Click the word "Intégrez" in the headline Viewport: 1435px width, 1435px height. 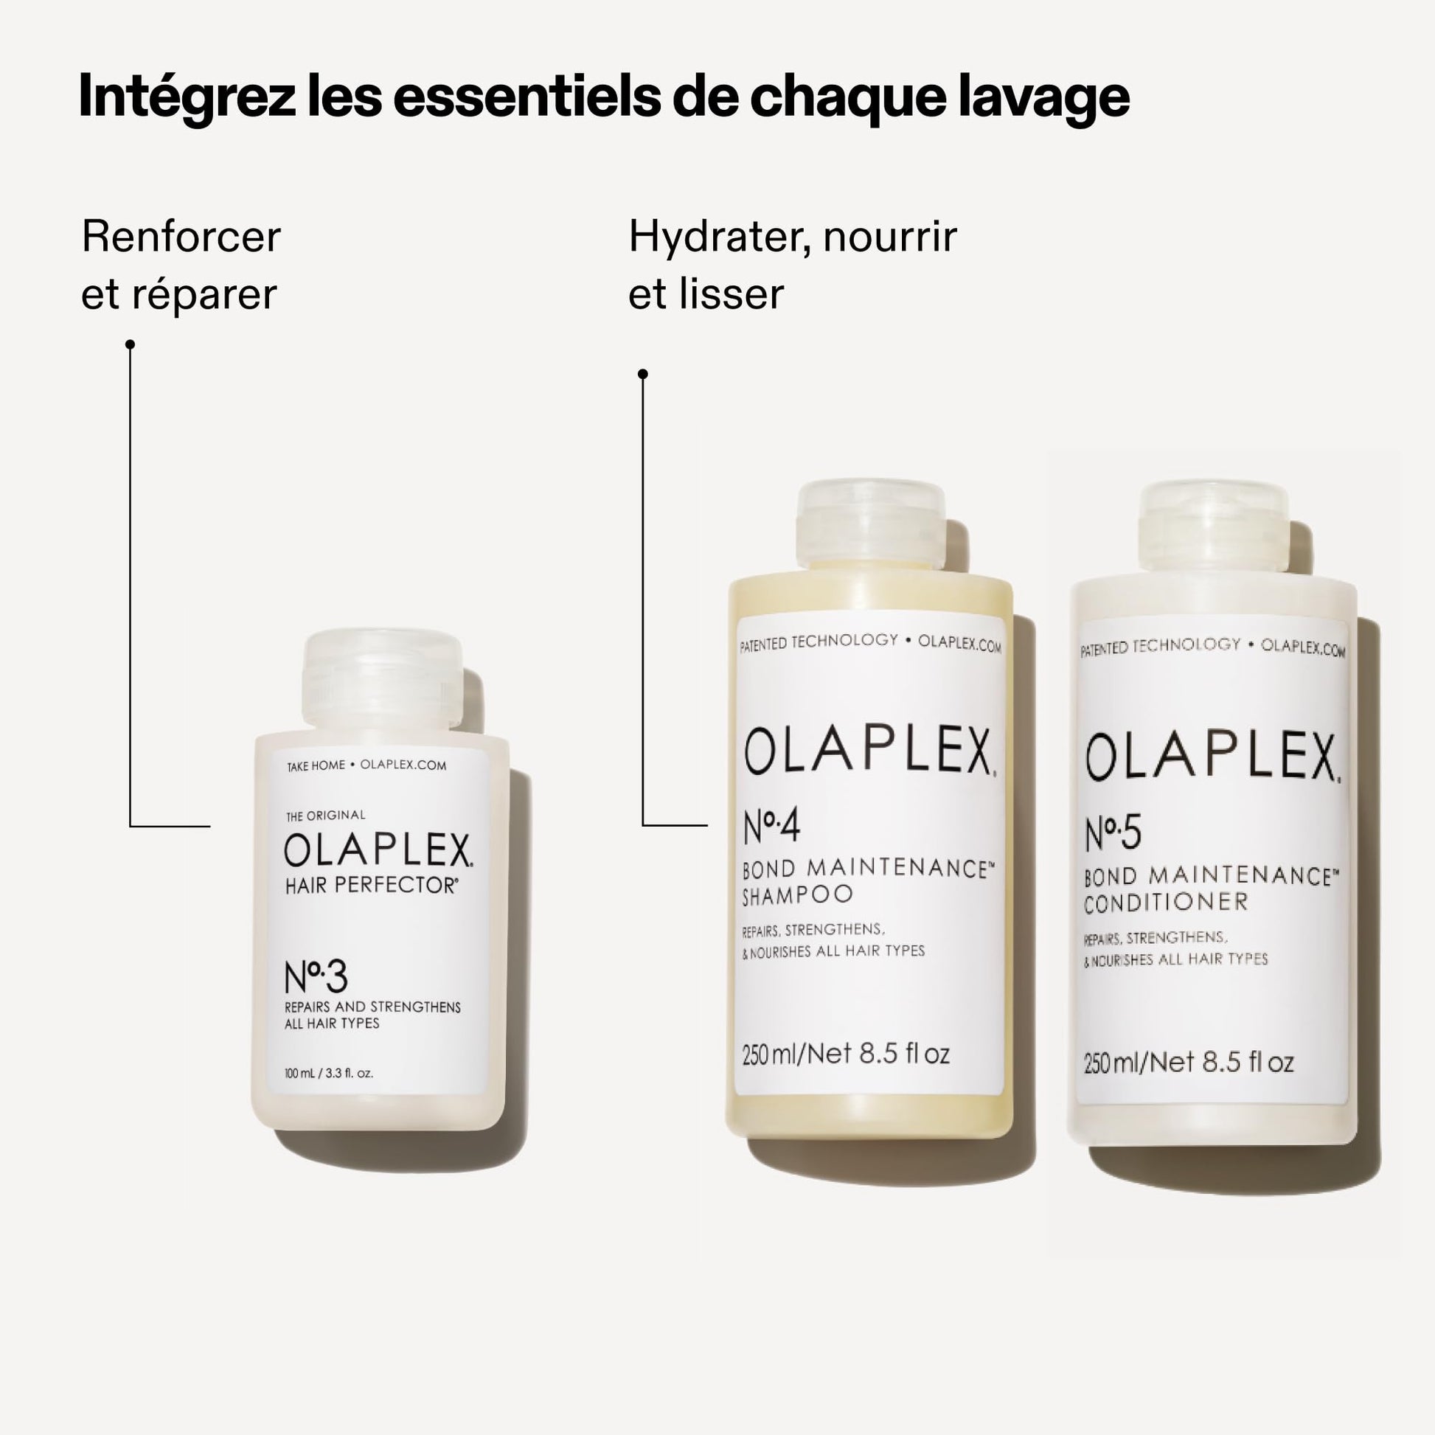(187, 97)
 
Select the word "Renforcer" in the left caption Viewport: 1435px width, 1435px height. (181, 237)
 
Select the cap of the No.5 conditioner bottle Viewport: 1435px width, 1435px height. (1214, 527)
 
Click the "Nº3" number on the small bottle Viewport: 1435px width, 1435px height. (316, 978)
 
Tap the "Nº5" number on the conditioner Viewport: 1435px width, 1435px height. (1113, 833)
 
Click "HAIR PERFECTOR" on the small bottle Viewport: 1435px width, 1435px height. (372, 886)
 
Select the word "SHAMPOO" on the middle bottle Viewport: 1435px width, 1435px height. (797, 896)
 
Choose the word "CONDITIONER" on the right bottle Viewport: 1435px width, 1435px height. (1166, 903)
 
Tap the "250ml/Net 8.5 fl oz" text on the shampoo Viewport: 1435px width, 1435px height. (846, 1054)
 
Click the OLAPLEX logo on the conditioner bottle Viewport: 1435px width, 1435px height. (1214, 757)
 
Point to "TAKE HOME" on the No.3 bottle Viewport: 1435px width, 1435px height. (316, 765)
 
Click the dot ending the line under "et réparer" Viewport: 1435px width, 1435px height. (130, 344)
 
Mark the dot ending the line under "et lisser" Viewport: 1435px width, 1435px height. (643, 374)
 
